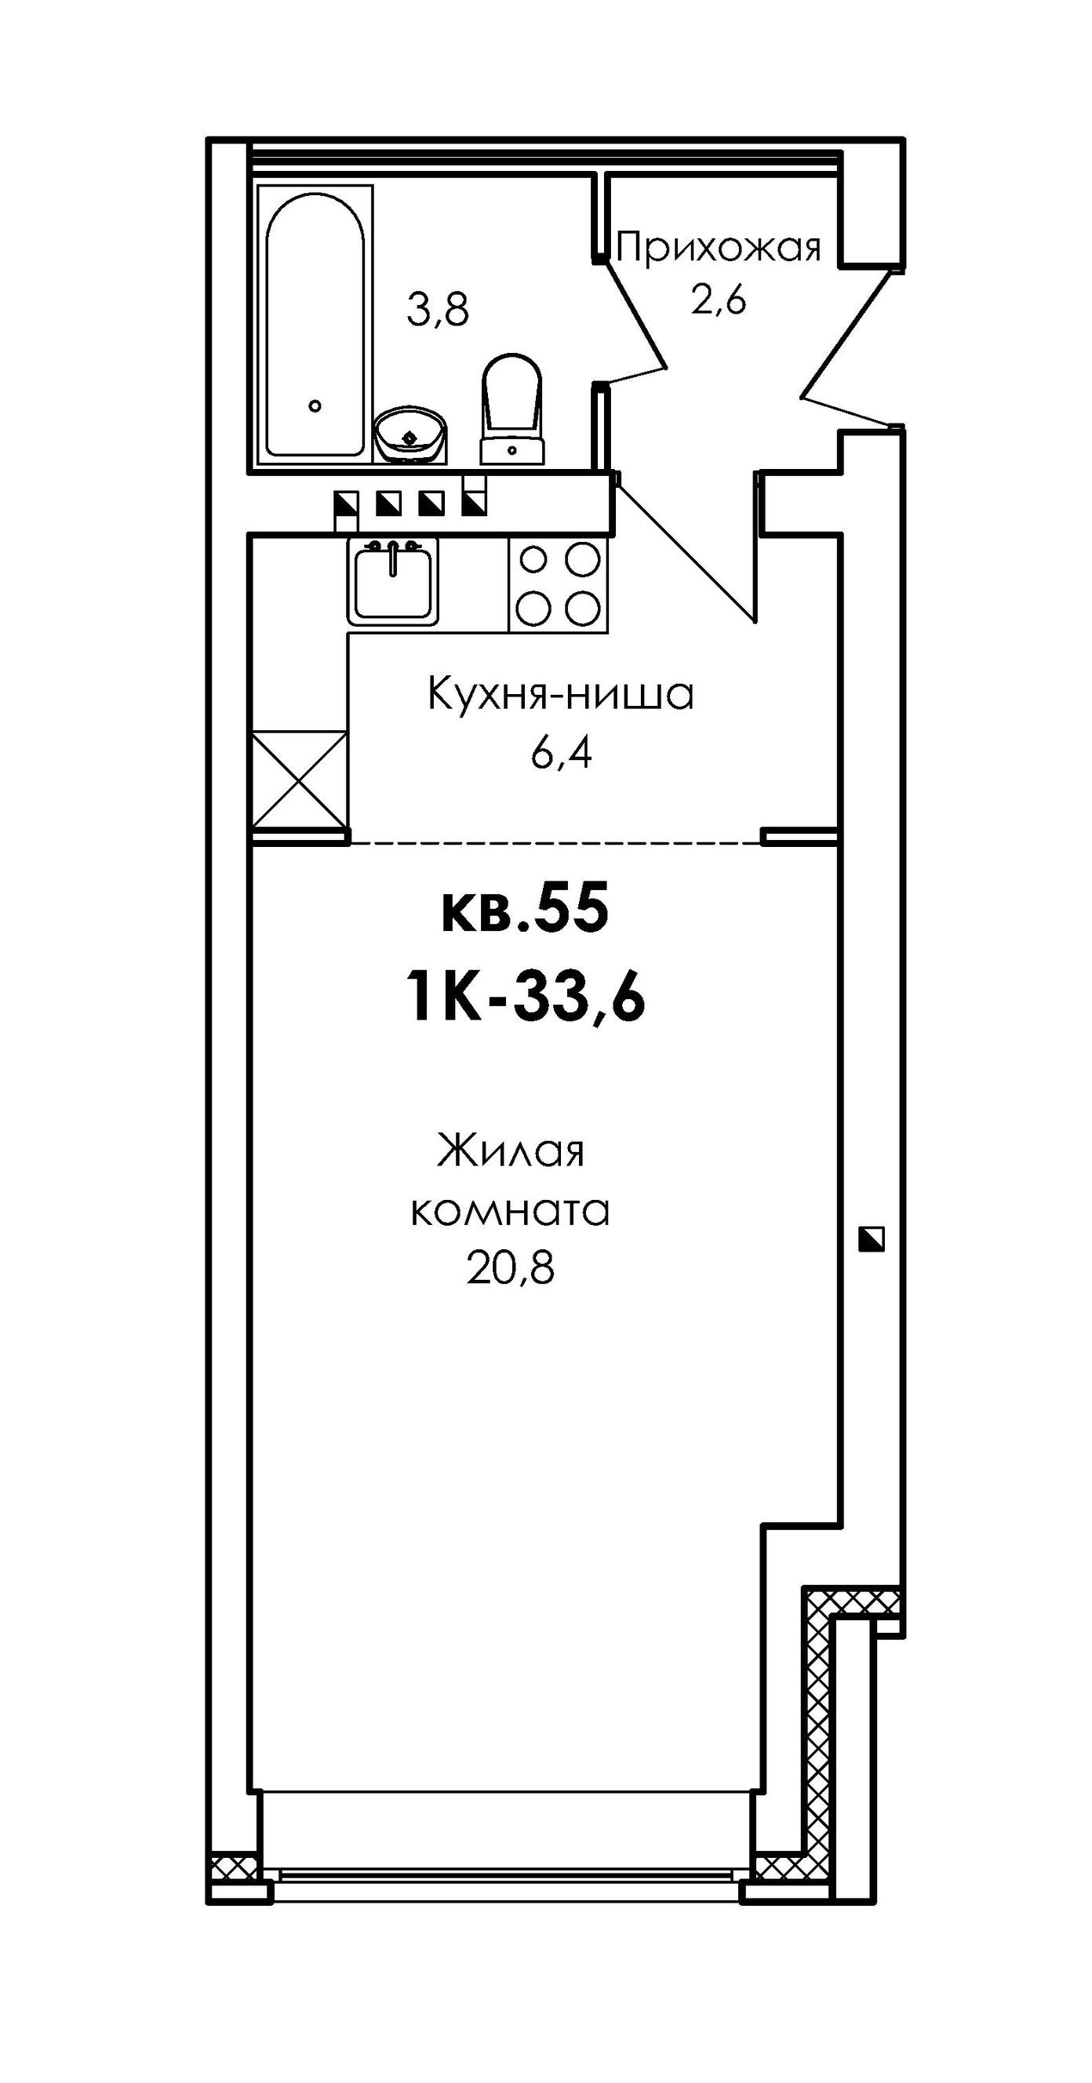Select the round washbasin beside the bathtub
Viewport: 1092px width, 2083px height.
(x=411, y=434)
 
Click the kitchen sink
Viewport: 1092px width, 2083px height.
(x=393, y=580)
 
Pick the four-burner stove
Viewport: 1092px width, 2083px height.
(x=558, y=583)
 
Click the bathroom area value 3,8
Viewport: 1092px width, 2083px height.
(x=438, y=311)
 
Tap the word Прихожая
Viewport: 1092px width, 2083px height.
(x=719, y=248)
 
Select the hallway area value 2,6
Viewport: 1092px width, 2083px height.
(x=718, y=300)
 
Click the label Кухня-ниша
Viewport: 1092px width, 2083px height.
(x=561, y=695)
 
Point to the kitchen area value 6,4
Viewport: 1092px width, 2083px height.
(x=562, y=753)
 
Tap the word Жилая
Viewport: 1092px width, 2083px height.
(x=511, y=1151)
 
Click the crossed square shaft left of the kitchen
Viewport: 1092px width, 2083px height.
(x=300, y=780)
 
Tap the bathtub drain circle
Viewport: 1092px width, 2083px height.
(x=315, y=406)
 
